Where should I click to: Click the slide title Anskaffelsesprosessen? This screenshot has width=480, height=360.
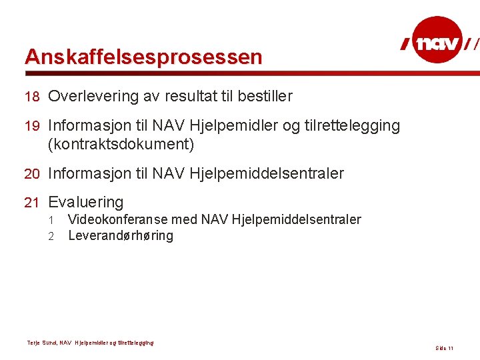tap(143, 57)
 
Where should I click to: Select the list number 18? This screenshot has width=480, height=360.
tap(33, 97)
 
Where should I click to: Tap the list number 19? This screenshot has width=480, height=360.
tap(33, 125)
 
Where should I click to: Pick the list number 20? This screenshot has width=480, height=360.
tap(33, 174)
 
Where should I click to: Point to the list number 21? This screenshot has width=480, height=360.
tap(33, 203)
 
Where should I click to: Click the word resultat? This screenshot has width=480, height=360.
tap(191, 97)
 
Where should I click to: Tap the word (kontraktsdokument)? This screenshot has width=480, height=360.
tap(121, 144)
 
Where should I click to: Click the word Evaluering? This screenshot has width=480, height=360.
tap(86, 203)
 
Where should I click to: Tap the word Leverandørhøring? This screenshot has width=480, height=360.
tap(121, 236)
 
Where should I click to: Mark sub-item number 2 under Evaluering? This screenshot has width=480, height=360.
tap(50, 236)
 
